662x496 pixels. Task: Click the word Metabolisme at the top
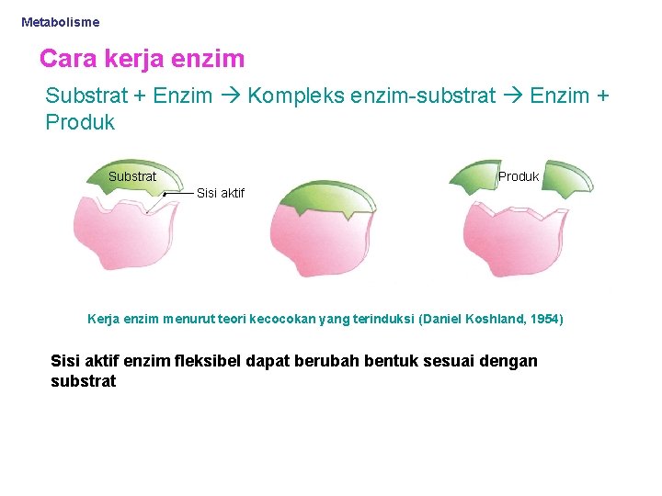(61, 22)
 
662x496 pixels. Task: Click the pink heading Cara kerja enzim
(143, 60)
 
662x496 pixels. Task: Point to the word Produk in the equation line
(80, 122)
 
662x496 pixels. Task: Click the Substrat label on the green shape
(132, 176)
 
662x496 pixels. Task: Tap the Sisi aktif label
(221, 193)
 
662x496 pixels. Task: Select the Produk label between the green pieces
(519, 176)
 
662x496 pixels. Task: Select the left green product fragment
(479, 177)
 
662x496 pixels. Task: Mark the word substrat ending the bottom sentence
(84, 381)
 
